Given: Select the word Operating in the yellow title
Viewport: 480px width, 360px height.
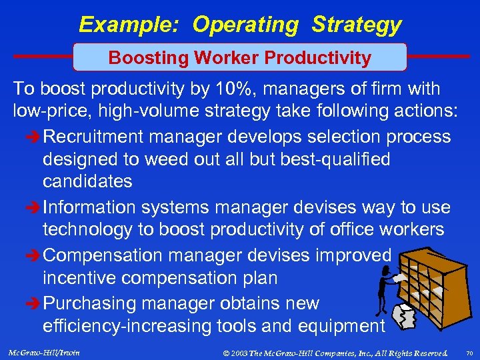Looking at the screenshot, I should tap(246, 25).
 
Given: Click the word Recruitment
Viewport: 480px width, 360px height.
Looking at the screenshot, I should tap(94, 137).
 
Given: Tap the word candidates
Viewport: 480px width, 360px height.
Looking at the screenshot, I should tap(87, 181).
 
